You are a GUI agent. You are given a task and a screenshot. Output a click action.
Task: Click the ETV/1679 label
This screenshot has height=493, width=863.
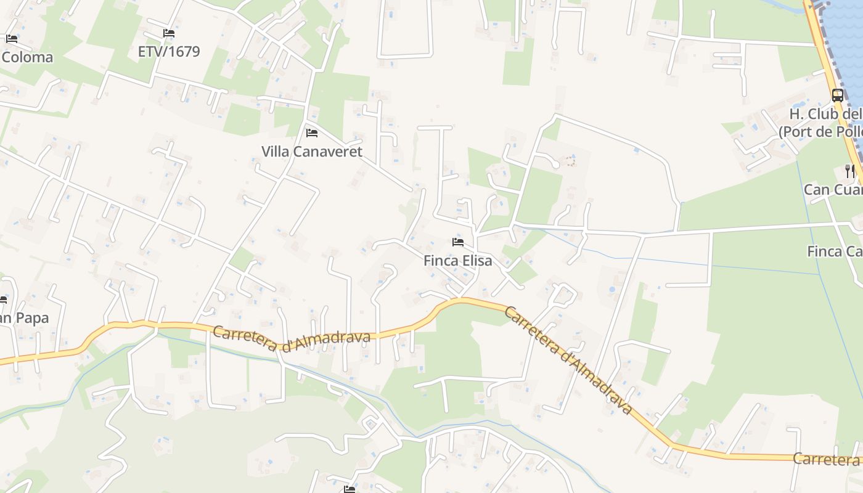(x=169, y=51)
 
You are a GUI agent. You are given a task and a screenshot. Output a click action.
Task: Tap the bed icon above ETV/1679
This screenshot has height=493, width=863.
(x=169, y=33)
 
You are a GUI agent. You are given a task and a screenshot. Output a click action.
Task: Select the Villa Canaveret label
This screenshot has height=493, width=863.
(x=312, y=152)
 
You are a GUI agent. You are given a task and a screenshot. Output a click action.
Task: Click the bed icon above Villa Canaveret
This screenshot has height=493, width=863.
(x=312, y=132)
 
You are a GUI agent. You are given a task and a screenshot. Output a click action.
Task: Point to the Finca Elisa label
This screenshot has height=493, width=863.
(x=458, y=261)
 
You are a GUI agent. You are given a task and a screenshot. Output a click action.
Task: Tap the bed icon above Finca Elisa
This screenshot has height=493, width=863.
(x=458, y=242)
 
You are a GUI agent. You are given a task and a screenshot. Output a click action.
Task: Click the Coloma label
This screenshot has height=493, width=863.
(x=27, y=57)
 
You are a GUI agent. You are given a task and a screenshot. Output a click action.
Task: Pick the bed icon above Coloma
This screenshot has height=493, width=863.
(x=12, y=38)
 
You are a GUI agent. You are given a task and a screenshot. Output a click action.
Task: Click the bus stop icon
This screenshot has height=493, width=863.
(x=838, y=95)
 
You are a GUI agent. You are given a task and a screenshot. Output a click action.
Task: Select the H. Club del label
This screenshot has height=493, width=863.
(x=825, y=115)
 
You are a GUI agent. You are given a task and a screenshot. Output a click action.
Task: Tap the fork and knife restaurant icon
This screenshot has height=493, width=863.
(x=851, y=171)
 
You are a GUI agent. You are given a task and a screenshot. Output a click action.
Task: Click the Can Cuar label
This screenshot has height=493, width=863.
(x=832, y=190)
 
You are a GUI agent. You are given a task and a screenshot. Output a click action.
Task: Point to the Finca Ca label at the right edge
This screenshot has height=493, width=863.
(x=834, y=251)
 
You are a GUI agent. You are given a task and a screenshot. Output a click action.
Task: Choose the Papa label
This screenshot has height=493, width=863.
(x=25, y=318)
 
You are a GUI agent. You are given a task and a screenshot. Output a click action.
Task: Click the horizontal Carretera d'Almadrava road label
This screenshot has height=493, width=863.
(x=292, y=339)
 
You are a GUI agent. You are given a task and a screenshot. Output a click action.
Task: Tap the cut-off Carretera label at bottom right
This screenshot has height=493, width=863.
(x=826, y=459)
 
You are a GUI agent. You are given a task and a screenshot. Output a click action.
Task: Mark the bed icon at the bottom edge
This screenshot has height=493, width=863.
(x=350, y=489)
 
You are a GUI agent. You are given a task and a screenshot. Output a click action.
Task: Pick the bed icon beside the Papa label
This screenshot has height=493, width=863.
(x=2, y=300)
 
